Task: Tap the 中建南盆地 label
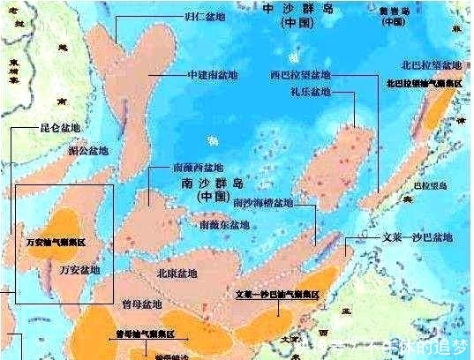click(x=213, y=76)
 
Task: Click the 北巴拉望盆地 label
click(x=428, y=66)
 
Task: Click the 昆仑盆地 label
click(x=61, y=129)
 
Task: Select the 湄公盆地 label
click(x=88, y=151)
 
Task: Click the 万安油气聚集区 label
click(x=57, y=241)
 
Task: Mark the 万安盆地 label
click(x=79, y=268)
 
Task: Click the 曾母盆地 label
click(x=140, y=304)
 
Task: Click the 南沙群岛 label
click(x=210, y=185)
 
